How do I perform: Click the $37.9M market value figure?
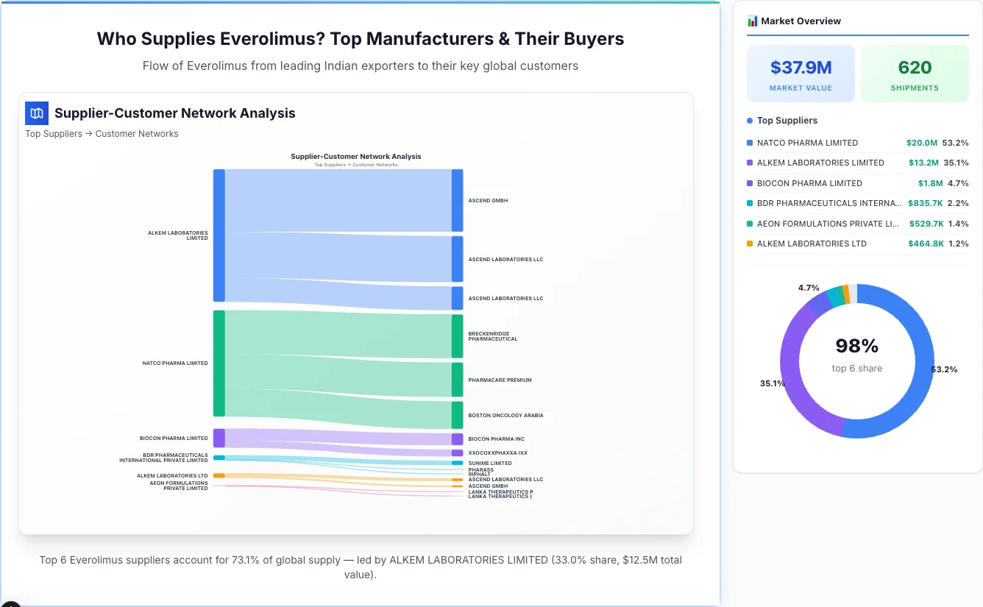click(x=801, y=68)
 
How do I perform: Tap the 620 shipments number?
click(x=915, y=68)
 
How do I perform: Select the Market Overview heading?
click(x=801, y=21)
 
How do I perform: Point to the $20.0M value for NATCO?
click(x=922, y=143)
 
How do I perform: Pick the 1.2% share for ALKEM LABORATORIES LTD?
click(x=958, y=244)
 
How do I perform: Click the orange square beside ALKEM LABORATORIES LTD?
click(x=750, y=244)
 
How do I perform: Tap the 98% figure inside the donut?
click(x=856, y=346)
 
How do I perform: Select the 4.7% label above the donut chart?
click(x=809, y=288)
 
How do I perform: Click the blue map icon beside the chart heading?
click(x=36, y=113)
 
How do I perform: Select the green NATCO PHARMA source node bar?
click(x=219, y=363)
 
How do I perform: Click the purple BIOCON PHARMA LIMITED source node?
click(x=219, y=438)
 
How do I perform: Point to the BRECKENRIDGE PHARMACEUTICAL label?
click(x=493, y=336)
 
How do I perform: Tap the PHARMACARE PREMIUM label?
click(x=500, y=380)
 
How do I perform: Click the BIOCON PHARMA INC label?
click(x=496, y=439)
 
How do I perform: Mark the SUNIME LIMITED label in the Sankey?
click(x=489, y=464)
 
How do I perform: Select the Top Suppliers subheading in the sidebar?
click(x=787, y=121)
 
